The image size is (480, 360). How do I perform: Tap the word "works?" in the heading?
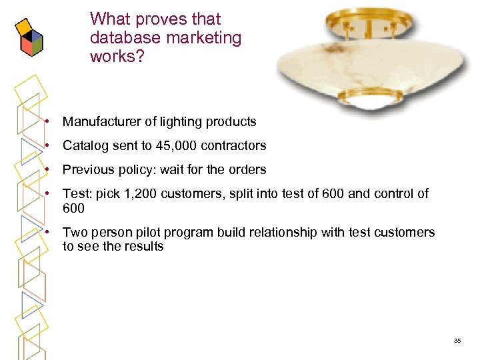point(117,56)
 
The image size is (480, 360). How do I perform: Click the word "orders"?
point(247,169)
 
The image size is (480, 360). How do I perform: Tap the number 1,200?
point(131,194)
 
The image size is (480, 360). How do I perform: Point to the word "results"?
point(144,246)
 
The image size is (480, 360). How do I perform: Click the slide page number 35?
point(457,341)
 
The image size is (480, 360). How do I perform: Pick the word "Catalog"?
point(85,145)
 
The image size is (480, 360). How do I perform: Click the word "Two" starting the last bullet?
point(74,233)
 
